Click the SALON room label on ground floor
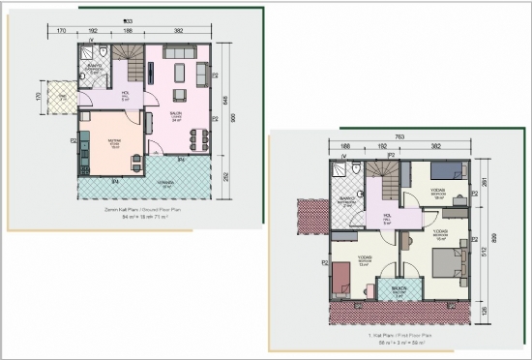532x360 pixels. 177,116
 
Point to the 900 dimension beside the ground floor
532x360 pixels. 232,118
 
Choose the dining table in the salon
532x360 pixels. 198,139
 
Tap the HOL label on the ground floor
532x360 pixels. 126,97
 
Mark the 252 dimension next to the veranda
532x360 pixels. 226,177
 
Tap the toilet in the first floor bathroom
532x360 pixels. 357,168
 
